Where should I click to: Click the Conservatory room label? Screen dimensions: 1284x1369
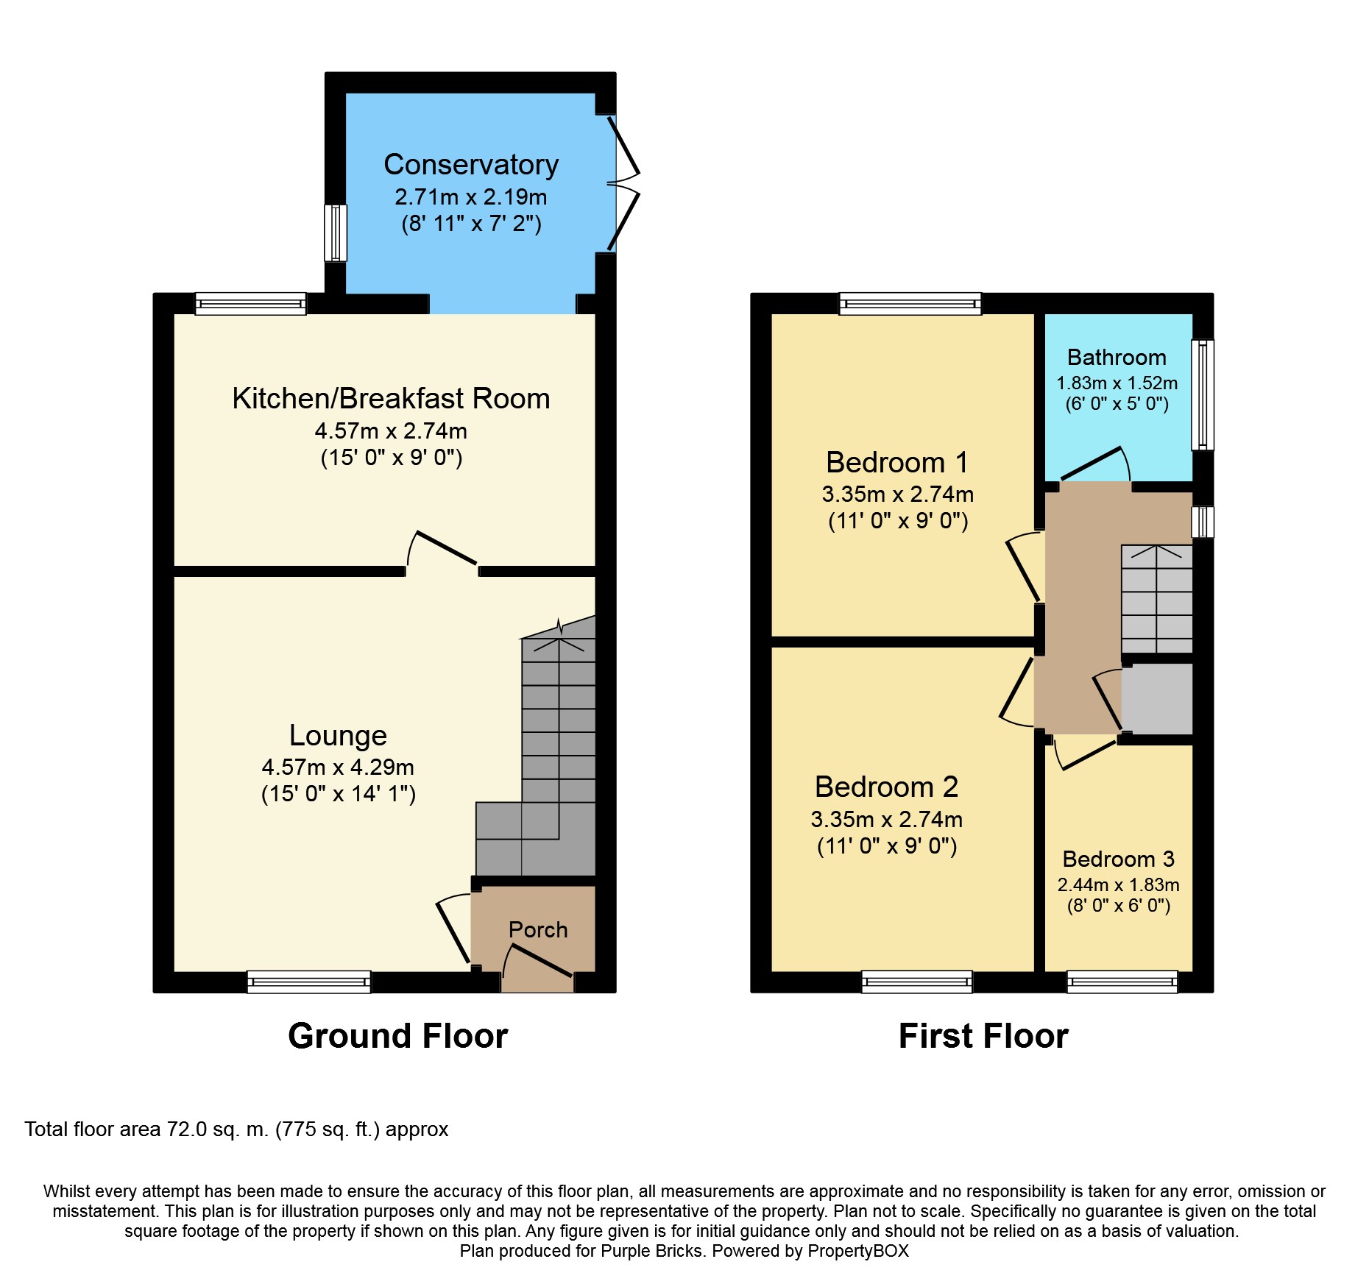[x=471, y=165]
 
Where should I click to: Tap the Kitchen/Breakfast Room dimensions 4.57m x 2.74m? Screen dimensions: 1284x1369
[x=391, y=431]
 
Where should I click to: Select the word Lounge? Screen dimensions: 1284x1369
[x=338, y=735]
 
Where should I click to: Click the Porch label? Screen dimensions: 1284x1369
[x=538, y=930]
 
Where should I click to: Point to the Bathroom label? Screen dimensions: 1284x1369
[x=1117, y=358]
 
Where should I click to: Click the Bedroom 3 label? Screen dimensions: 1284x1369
[x=1118, y=859]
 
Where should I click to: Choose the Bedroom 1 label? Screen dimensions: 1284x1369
[x=896, y=463]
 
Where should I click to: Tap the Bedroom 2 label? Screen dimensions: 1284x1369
[x=886, y=787]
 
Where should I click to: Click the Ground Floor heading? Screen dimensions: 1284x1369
[x=397, y=1036]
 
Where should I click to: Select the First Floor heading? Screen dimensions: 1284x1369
[x=983, y=1036]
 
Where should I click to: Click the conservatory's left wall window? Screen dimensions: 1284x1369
[x=336, y=233]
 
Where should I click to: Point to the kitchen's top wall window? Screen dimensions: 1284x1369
[x=250, y=303]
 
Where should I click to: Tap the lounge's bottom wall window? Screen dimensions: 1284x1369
[x=309, y=982]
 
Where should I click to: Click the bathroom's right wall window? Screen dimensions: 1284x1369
[x=1202, y=394]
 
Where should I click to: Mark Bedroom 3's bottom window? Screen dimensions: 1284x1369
[x=1122, y=982]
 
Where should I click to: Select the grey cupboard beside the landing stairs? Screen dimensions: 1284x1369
[x=1156, y=699]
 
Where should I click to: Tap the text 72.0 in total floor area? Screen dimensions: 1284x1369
[x=187, y=1129]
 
